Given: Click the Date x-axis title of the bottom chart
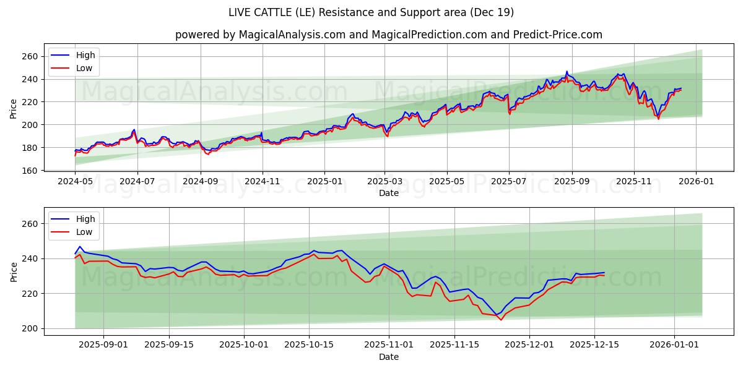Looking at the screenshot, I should click(x=388, y=357).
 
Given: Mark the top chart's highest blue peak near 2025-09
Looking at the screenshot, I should click(x=567, y=72).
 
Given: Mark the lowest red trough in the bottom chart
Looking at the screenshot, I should click(x=501, y=320).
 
